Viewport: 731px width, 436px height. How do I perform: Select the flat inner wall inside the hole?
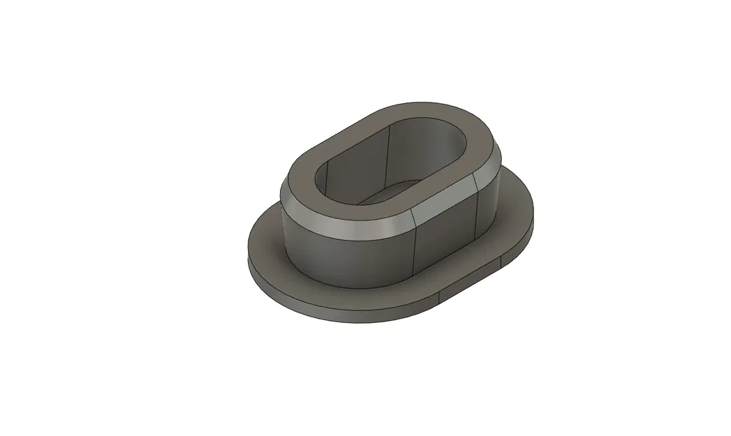[x=419, y=150]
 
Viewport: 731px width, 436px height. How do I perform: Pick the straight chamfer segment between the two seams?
[x=443, y=199]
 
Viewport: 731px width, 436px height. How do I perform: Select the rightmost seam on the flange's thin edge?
[x=501, y=264]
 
